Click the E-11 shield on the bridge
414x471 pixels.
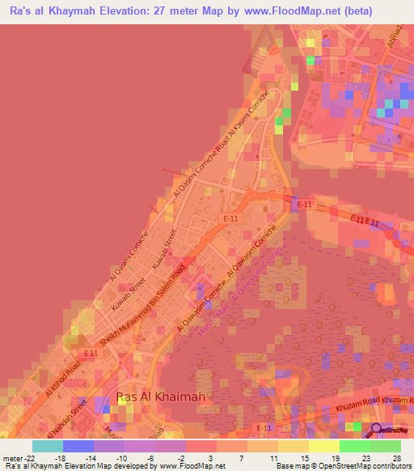(x=304, y=205)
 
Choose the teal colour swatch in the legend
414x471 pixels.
(x=48, y=446)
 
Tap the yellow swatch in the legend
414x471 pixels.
(x=323, y=446)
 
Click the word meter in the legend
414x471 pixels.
(x=11, y=459)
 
